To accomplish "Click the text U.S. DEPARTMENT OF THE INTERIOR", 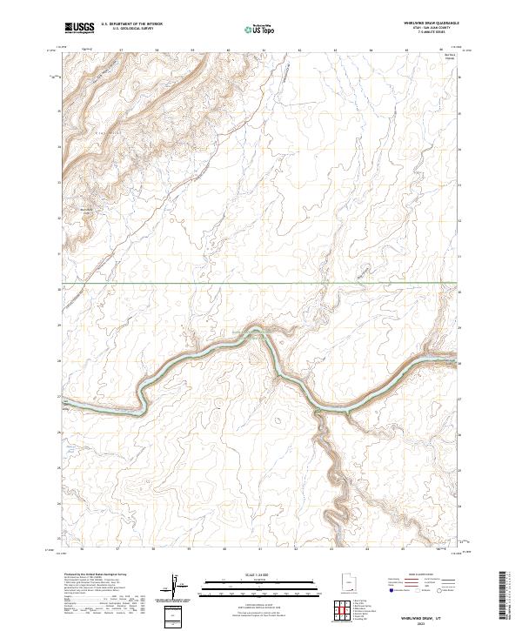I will coord(131,25).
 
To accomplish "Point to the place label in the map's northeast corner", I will coord(450,57).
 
